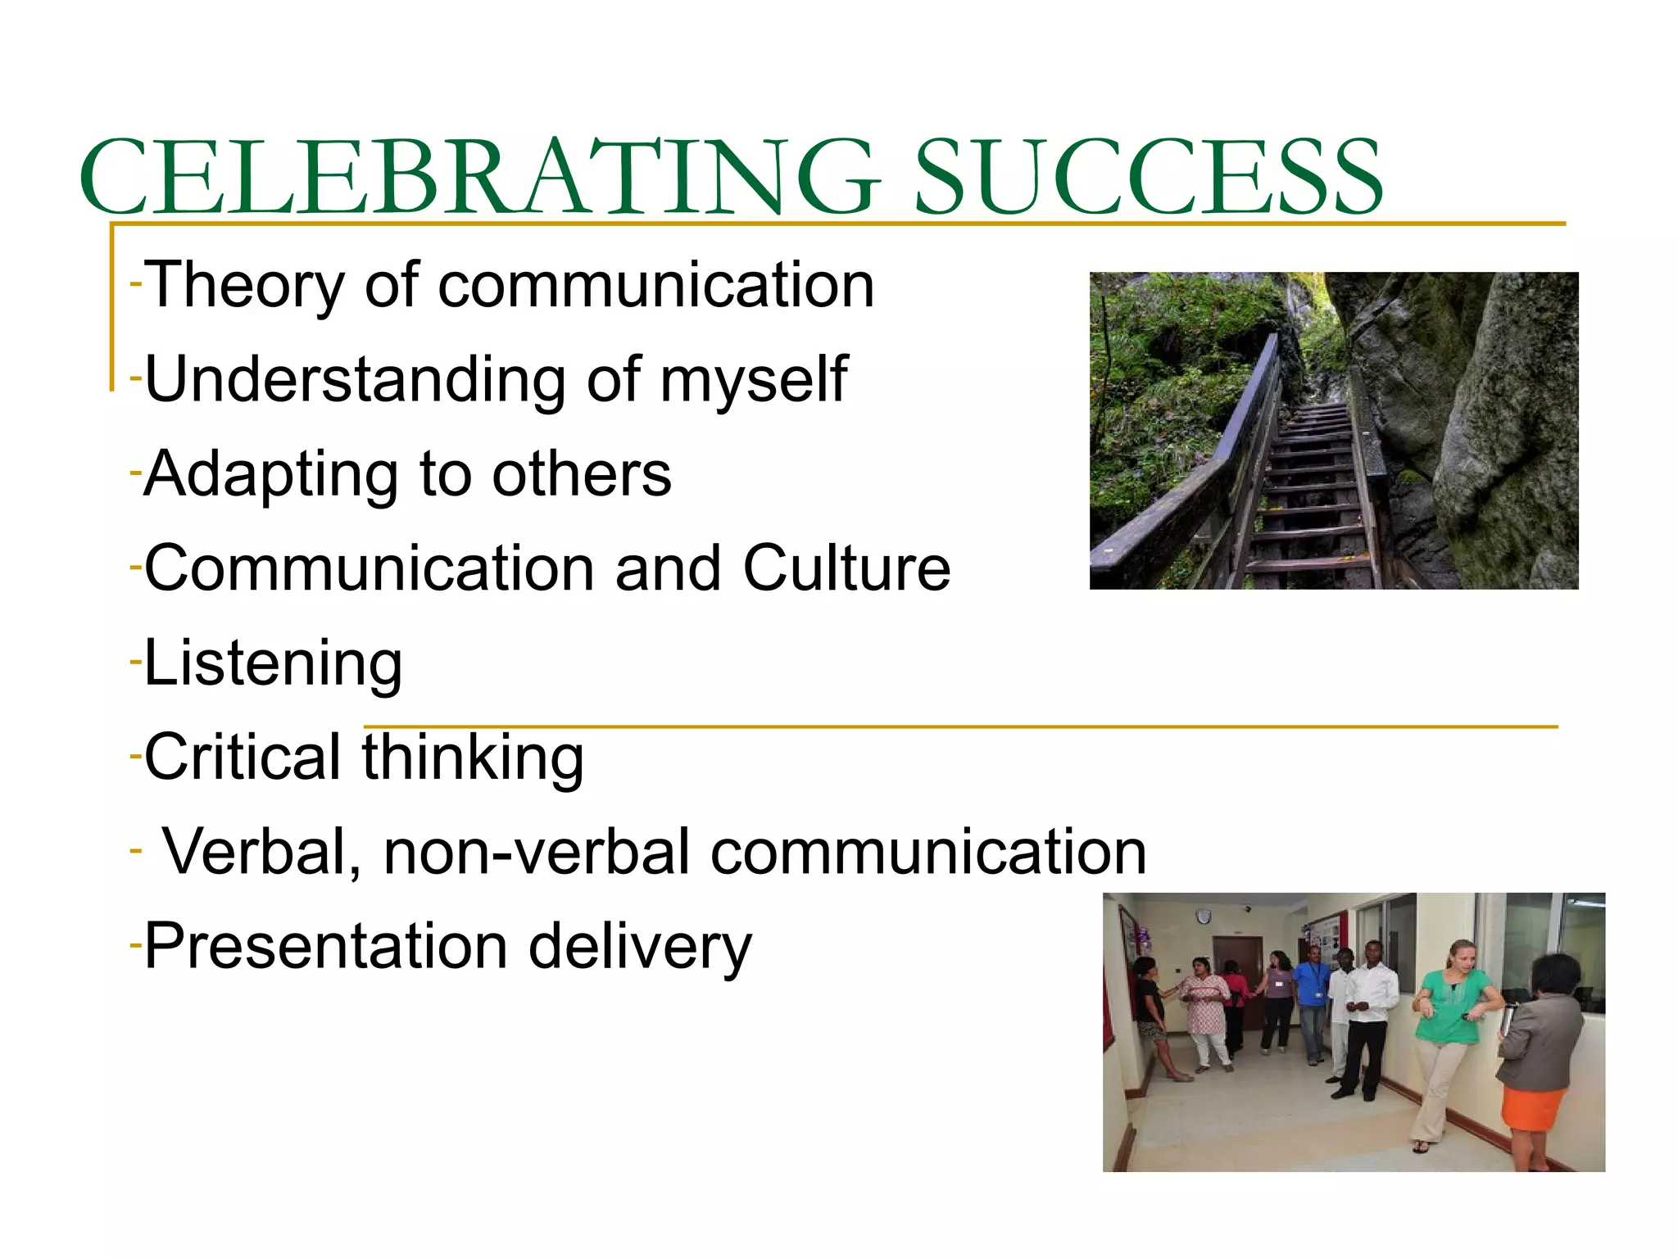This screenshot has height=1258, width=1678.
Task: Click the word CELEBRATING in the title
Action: (x=479, y=178)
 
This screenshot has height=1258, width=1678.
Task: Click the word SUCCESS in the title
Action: (x=1147, y=178)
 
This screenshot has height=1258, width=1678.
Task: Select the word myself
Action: (x=753, y=381)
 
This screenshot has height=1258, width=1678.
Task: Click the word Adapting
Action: (x=271, y=476)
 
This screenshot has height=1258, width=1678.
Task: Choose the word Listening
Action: (x=273, y=664)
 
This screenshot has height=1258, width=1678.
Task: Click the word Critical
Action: (x=243, y=758)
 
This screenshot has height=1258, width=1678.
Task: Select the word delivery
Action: (x=639, y=948)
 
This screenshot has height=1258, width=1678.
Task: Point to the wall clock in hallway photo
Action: (x=1203, y=916)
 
